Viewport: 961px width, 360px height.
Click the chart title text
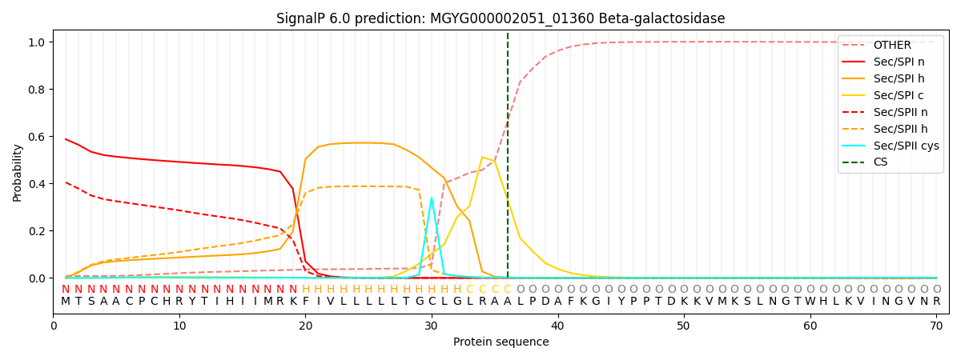[x=501, y=18]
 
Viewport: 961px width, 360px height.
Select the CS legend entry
[x=881, y=162]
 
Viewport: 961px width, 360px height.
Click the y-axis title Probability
[x=18, y=172]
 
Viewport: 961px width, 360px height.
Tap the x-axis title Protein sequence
[x=501, y=342]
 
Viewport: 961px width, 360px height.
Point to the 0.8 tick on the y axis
[x=37, y=90]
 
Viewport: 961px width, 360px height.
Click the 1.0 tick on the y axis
[x=37, y=42]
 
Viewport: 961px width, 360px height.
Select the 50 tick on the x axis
[x=683, y=326]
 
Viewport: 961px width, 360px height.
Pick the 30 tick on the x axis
[x=432, y=326]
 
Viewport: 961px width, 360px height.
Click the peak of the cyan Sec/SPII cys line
[x=432, y=198]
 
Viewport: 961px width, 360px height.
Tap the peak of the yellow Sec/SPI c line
[x=482, y=157]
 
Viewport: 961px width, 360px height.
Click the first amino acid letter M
[x=66, y=302]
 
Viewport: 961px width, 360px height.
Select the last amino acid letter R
[x=936, y=302]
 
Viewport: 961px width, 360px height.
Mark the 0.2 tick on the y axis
[x=37, y=231]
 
